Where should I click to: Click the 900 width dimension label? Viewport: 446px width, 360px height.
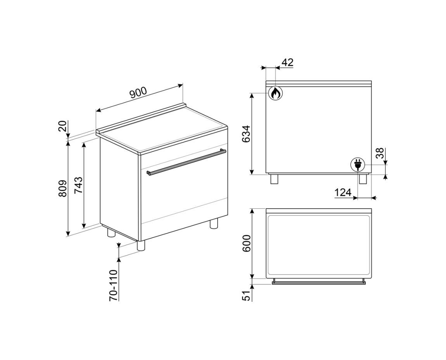[138, 93]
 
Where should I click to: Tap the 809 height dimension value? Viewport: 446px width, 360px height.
[62, 188]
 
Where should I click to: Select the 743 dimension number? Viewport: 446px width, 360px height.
[78, 185]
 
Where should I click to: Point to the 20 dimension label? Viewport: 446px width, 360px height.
[62, 126]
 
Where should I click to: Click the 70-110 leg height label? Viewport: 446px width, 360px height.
[113, 285]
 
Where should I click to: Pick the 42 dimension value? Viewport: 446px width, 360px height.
[287, 62]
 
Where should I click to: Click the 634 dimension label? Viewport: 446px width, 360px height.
[246, 134]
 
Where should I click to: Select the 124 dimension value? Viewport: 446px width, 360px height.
[343, 193]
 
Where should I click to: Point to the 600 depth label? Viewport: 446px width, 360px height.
[246, 244]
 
